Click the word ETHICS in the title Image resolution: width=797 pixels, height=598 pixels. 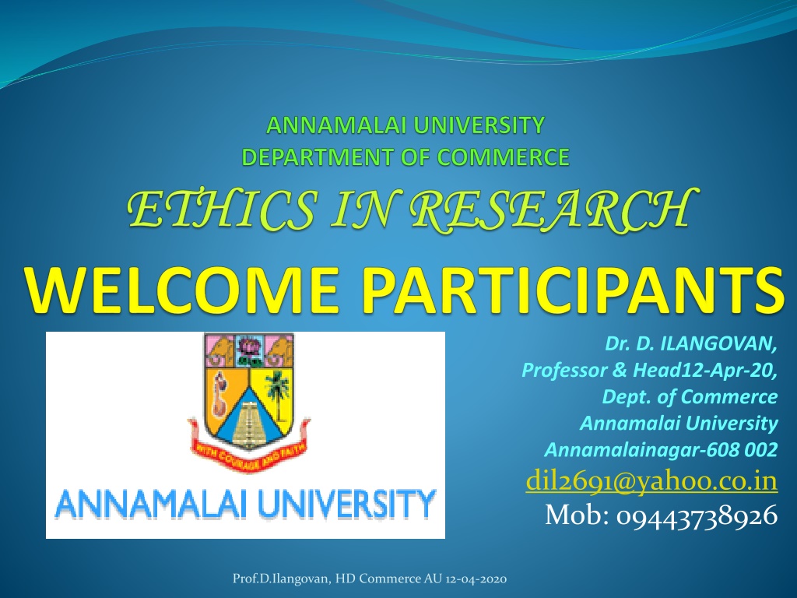[x=221, y=209]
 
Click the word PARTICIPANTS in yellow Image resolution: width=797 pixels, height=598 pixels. [x=572, y=290]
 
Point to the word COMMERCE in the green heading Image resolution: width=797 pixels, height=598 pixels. [x=503, y=157]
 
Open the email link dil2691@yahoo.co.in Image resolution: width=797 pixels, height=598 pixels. [x=651, y=480]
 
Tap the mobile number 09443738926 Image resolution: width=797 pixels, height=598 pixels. [x=697, y=515]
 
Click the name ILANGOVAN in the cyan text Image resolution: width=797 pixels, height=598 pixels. [x=718, y=344]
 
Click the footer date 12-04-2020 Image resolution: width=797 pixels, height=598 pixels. [x=476, y=579]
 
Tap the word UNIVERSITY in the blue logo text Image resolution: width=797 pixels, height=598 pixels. [x=347, y=503]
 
